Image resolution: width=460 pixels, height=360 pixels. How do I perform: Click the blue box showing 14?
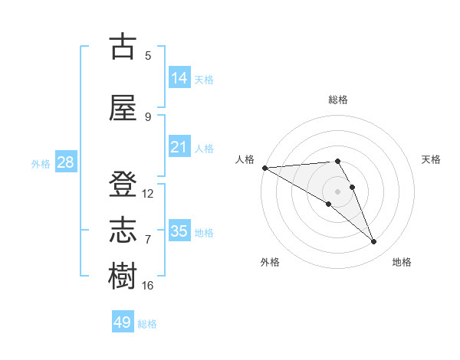pyautogui.click(x=179, y=78)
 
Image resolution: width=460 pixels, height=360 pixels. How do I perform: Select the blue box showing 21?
pyautogui.click(x=179, y=147)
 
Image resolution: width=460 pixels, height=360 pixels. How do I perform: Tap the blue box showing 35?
pyautogui.click(x=179, y=231)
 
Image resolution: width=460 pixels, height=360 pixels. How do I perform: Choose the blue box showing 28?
pyautogui.click(x=65, y=163)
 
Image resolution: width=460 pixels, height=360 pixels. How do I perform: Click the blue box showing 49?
pyautogui.click(x=123, y=322)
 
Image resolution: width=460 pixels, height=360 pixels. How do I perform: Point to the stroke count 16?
pyautogui.click(x=148, y=285)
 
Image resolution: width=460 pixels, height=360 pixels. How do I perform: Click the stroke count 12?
pyautogui.click(x=148, y=194)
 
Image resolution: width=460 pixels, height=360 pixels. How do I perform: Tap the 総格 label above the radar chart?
pyautogui.click(x=337, y=100)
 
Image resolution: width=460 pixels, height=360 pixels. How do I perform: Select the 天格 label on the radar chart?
pyautogui.click(x=432, y=159)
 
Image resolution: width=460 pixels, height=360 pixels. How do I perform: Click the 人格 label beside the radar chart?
pyautogui.click(x=245, y=159)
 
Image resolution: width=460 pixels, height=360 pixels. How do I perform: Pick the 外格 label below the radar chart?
pyautogui.click(x=270, y=262)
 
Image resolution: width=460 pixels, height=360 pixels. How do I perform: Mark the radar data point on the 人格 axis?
pyautogui.click(x=264, y=167)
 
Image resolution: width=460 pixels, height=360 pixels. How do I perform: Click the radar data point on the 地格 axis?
pyautogui.click(x=374, y=241)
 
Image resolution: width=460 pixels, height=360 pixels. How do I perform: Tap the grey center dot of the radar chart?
pyautogui.click(x=337, y=191)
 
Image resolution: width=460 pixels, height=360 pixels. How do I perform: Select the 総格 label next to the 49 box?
pyautogui.click(x=148, y=324)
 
